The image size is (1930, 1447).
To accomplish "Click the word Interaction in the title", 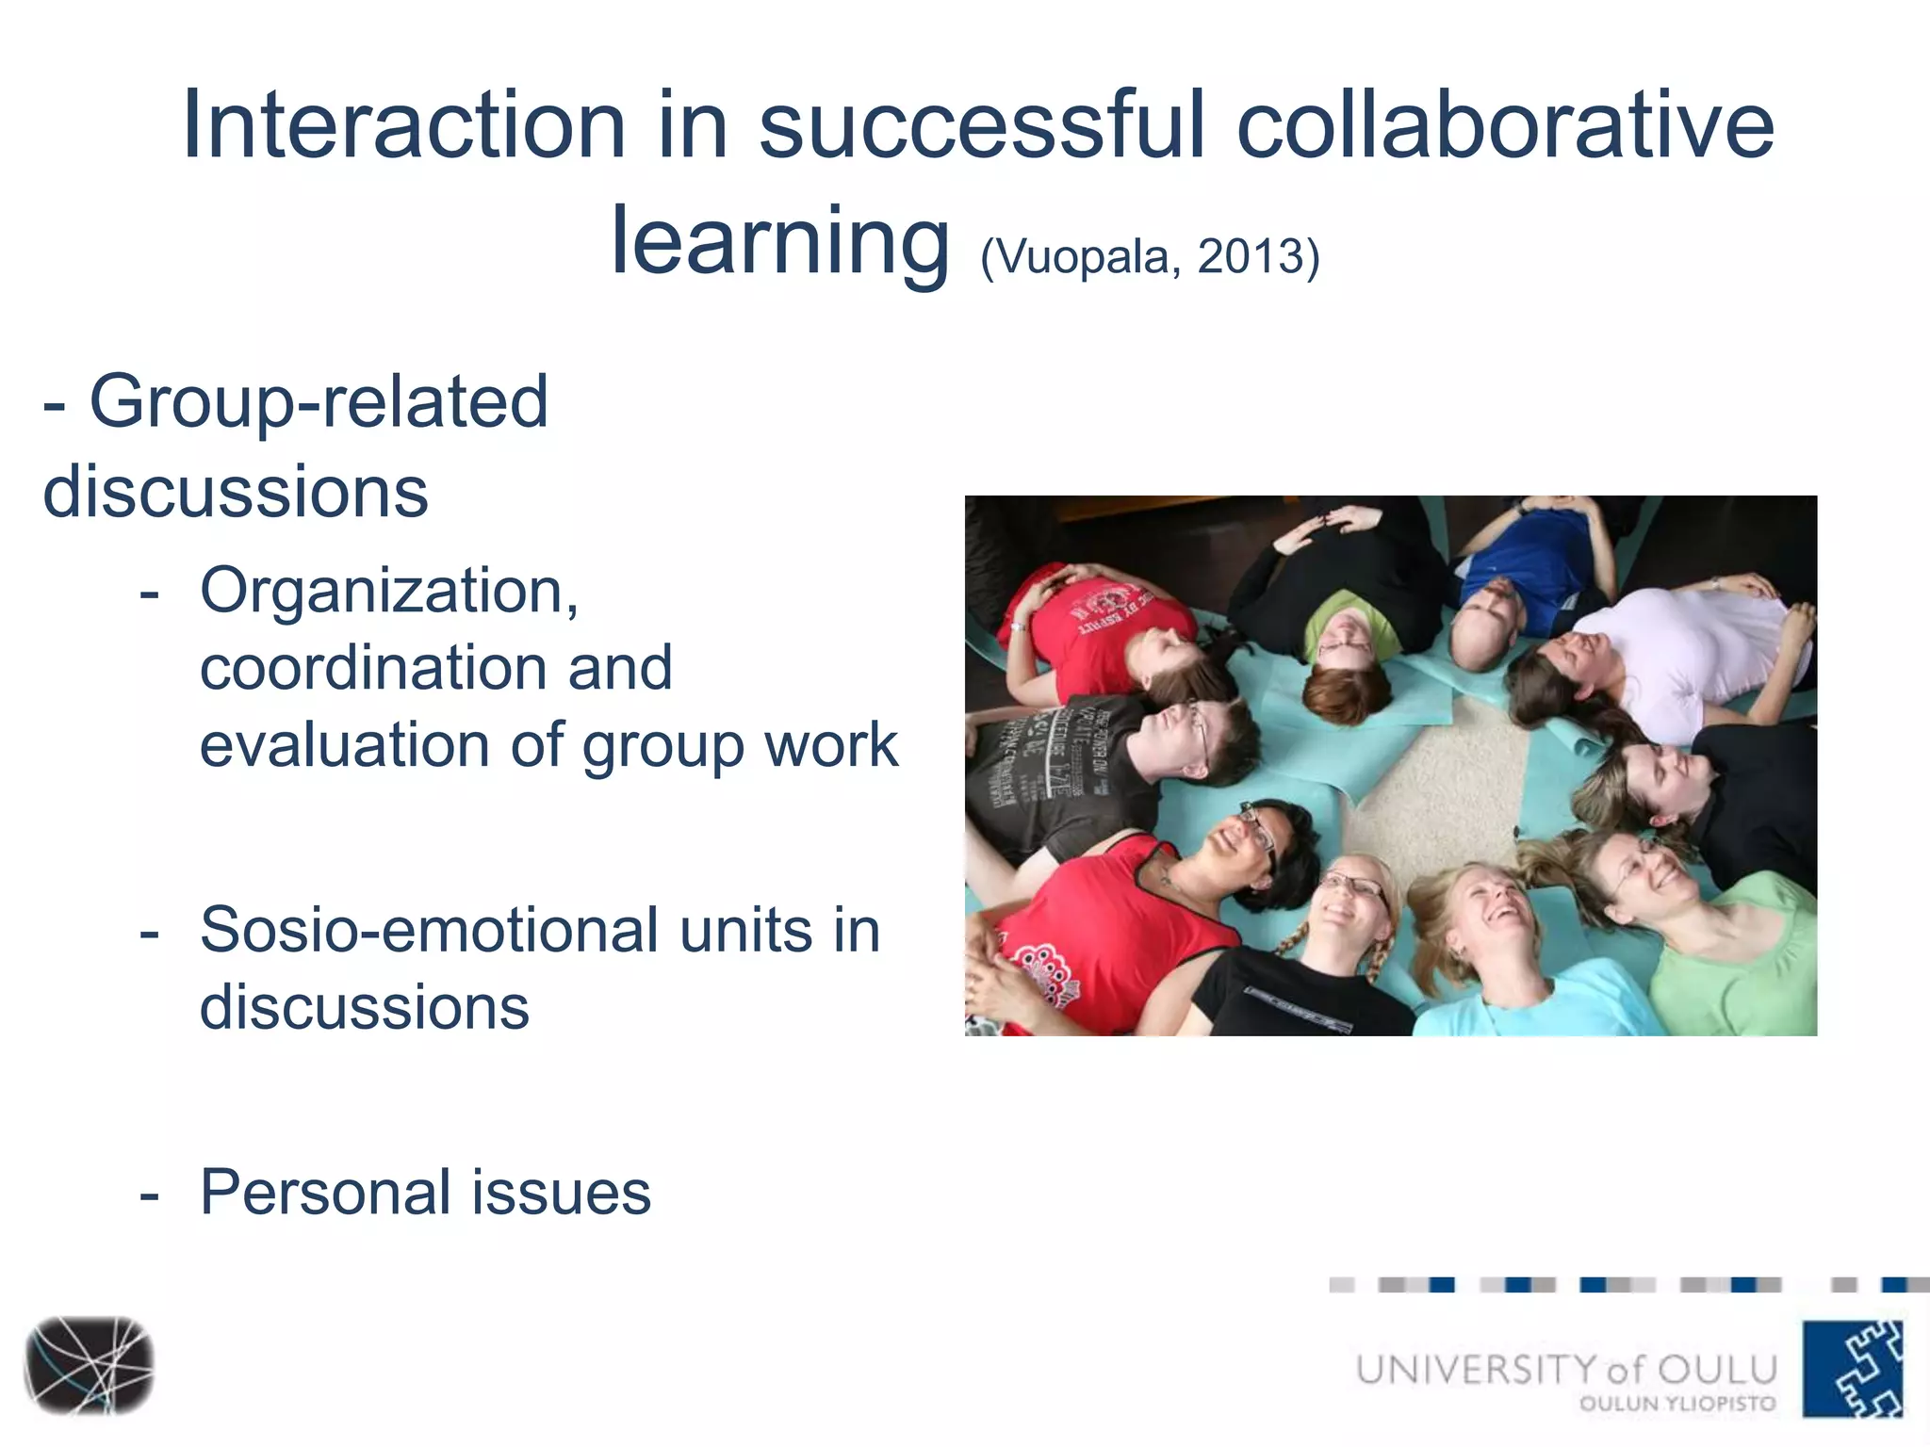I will (x=403, y=125).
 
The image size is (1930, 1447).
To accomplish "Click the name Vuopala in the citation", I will (x=1084, y=256).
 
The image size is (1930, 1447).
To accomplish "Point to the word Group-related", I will (x=319, y=402).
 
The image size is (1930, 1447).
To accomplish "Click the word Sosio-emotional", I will (x=429, y=931).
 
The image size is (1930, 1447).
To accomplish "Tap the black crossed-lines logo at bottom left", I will (x=89, y=1365).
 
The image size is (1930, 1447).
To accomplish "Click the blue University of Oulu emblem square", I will (x=1852, y=1368).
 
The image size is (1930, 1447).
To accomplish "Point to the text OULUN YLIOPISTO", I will (x=1677, y=1404).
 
